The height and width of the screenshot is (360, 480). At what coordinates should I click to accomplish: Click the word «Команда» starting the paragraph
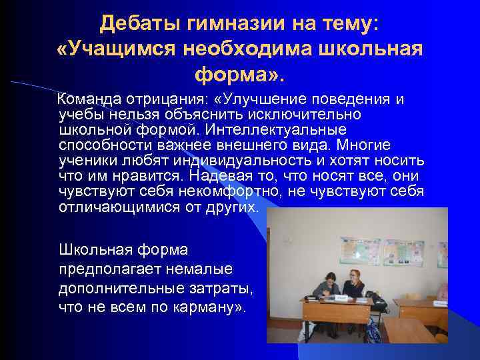[88, 100]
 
